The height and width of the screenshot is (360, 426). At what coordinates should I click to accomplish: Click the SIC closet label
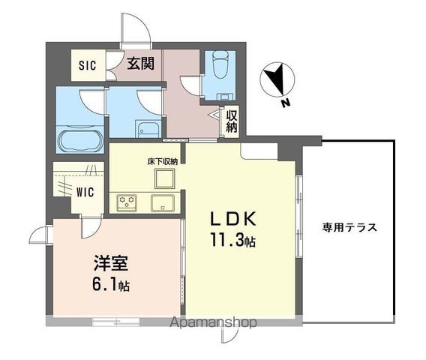87,64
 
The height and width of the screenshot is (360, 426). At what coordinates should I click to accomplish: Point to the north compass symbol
277,79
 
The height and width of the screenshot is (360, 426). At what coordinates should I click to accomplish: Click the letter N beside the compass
285,104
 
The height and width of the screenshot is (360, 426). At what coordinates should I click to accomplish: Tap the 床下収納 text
162,160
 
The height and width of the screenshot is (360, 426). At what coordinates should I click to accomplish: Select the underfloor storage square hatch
164,178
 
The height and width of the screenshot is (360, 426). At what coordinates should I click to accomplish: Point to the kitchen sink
162,202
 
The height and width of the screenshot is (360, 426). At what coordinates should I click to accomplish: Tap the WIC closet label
85,191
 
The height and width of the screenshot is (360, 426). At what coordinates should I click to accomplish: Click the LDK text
232,220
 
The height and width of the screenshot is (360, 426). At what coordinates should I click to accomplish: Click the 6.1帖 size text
110,286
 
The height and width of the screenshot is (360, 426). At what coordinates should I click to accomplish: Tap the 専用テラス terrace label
349,227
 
